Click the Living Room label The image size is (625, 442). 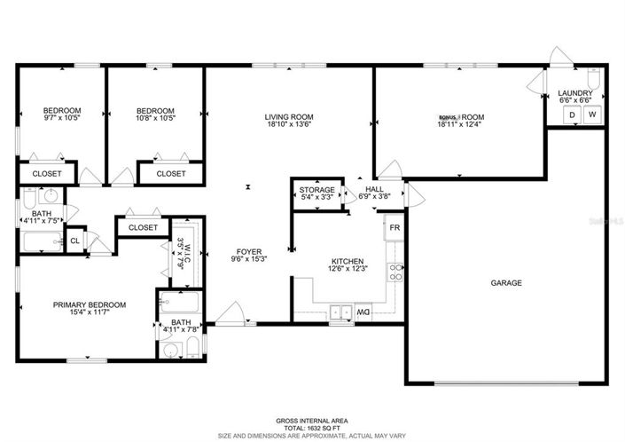[289, 116]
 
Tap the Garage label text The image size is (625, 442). [506, 283]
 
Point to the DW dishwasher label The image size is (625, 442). [363, 312]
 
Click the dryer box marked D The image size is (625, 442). [572, 115]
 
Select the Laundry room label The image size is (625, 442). [575, 93]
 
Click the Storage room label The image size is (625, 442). [316, 190]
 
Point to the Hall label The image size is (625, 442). [374, 189]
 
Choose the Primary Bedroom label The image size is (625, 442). [89, 304]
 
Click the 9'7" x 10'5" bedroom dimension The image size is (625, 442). [62, 118]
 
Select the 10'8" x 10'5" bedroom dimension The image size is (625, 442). [155, 118]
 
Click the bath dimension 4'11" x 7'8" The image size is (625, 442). [181, 329]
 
